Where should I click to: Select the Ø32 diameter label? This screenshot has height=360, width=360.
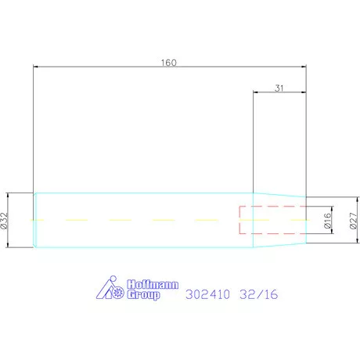pyautogui.click(x=5, y=221)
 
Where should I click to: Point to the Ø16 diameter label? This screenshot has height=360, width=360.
pyautogui.click(x=328, y=221)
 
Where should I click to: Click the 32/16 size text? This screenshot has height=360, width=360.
pyautogui.click(x=259, y=296)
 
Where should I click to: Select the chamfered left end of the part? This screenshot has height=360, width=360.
pyautogui.click(x=35, y=221)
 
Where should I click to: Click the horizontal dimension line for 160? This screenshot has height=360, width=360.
pyautogui.click(x=117, y=67)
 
